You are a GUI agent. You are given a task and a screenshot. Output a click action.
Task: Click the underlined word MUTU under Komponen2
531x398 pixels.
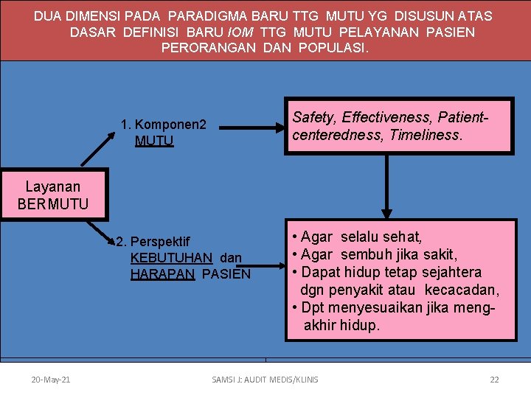coord(154,141)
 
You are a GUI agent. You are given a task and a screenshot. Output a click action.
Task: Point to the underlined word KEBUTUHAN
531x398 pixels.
coord(171,258)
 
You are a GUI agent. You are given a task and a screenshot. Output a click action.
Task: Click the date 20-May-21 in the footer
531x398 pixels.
coord(51,380)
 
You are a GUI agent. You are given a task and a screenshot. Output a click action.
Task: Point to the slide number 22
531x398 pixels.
coord(494,380)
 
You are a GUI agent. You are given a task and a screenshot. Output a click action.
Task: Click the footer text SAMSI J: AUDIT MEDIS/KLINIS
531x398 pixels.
coord(265,380)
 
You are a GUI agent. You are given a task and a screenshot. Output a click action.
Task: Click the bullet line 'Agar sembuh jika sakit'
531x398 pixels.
coord(375,254)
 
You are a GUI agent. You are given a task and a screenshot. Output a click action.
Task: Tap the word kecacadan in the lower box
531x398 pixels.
coord(460,289)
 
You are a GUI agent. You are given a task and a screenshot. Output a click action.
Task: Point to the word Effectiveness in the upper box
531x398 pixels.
coord(392,117)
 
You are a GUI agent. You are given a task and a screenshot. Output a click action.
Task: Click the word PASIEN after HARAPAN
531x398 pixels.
coord(226,274)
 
